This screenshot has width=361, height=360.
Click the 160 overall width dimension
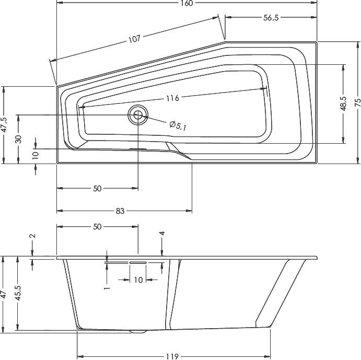[188, 4]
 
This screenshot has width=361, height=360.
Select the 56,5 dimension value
[270, 18]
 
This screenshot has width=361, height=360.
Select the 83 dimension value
[120, 211]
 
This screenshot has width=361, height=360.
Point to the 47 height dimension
[4, 294]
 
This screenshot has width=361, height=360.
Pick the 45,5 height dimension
[19, 294]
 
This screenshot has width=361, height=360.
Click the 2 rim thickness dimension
[32, 236]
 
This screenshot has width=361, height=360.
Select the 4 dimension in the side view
[162, 234]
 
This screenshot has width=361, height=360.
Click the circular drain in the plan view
[138, 115]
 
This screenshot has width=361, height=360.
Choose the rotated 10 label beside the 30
[35, 155]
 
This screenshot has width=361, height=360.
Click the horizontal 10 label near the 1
[138, 280]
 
